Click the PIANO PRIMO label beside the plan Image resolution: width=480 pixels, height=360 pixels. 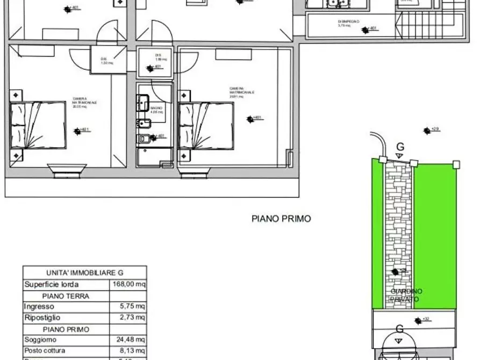[281, 219]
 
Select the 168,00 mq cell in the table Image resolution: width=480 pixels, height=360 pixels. [128, 284]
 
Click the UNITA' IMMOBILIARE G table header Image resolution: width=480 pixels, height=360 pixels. [84, 272]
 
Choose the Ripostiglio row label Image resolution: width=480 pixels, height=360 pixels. [42, 318]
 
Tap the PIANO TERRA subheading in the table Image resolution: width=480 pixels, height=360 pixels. [66, 296]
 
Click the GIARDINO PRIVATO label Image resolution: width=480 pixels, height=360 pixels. [406, 295]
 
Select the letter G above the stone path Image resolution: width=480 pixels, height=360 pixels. [399, 147]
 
